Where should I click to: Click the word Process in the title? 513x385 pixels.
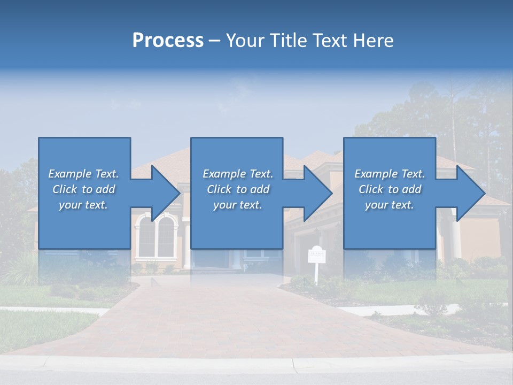click(x=168, y=41)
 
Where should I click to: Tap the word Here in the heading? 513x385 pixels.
click(x=374, y=41)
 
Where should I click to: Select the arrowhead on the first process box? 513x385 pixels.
click(x=166, y=193)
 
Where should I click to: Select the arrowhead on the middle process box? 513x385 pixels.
click(x=318, y=193)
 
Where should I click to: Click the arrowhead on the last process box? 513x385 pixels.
click(x=470, y=193)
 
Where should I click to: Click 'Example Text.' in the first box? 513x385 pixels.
click(x=83, y=174)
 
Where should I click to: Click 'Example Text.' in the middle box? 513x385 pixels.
click(x=238, y=174)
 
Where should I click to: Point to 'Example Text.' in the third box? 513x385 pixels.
click(x=390, y=174)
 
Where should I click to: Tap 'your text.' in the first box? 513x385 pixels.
click(x=83, y=205)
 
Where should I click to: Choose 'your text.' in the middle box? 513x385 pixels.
click(x=238, y=205)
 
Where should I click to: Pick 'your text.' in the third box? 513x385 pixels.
click(x=390, y=205)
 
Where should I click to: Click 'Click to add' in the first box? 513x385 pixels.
click(x=83, y=189)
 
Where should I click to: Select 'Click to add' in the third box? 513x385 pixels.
click(x=390, y=189)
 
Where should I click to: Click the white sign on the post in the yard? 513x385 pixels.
click(x=316, y=255)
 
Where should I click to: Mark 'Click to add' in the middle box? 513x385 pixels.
click(x=238, y=189)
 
